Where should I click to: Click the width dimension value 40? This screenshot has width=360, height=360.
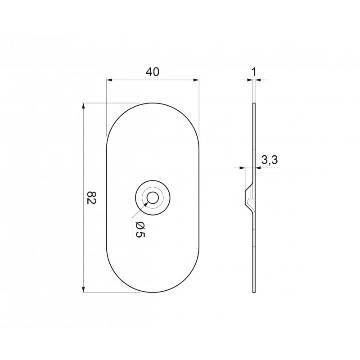pos(153,72)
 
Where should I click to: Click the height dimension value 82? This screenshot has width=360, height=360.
pos(91,198)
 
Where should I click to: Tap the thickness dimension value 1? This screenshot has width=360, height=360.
pos(254,72)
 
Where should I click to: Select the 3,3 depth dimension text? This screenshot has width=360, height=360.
pos(270,160)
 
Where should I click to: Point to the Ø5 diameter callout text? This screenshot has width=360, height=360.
pos(140,230)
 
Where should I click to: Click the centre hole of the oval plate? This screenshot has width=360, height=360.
pos(153,198)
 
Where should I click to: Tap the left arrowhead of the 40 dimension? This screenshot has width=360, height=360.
pos(109,80)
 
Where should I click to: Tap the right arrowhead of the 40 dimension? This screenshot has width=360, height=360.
pos(196,80)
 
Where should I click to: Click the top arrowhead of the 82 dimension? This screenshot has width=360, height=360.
pos(84,106)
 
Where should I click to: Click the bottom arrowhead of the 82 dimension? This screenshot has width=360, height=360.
pos(84,289)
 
